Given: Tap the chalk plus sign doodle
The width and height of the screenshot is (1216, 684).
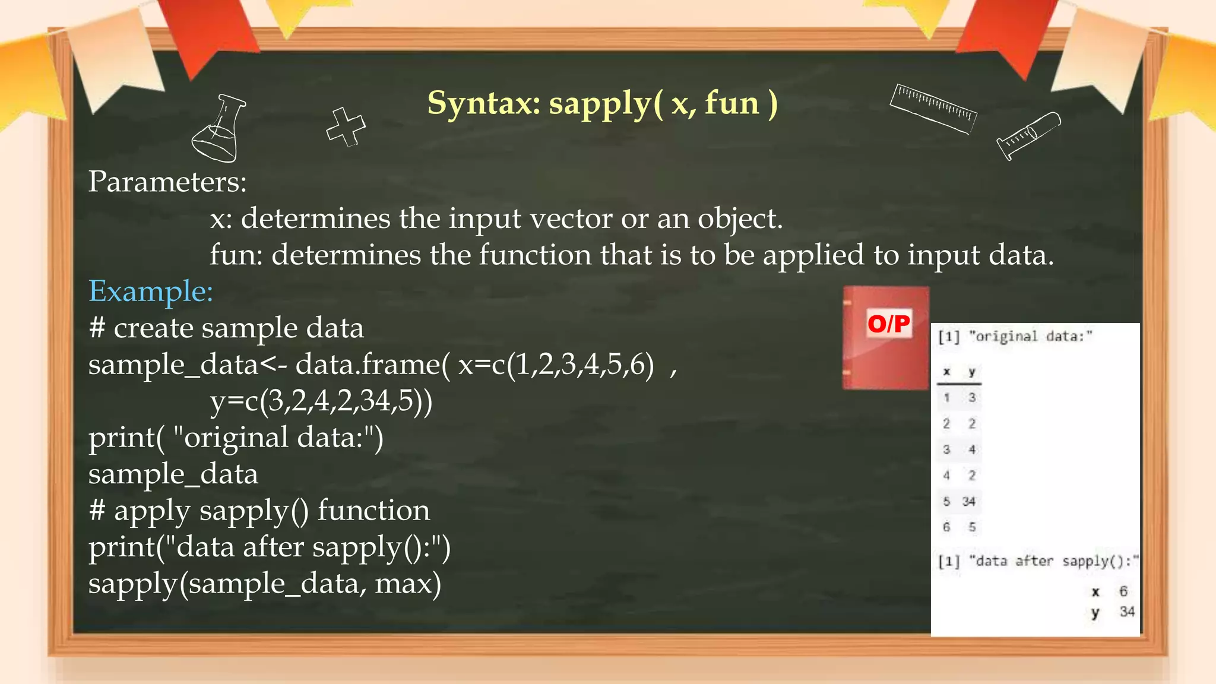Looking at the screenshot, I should pyautogui.click(x=346, y=126).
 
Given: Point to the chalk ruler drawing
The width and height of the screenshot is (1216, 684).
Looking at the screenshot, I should pyautogui.click(x=933, y=108).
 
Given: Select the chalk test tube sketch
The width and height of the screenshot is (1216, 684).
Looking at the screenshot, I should pyautogui.click(x=1028, y=135).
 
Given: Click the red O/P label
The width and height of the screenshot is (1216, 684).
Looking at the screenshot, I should pyautogui.click(x=888, y=324).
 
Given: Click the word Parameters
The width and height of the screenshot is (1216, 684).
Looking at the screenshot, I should pyautogui.click(x=167, y=182).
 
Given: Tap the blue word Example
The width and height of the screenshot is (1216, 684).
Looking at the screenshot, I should pyautogui.click(x=150, y=292).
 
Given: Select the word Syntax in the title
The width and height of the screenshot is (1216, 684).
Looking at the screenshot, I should pyautogui.click(x=483, y=103).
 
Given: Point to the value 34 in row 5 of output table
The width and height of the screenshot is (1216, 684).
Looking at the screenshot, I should pyautogui.click(x=969, y=502).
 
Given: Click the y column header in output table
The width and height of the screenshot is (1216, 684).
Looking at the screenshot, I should pyautogui.click(x=972, y=372).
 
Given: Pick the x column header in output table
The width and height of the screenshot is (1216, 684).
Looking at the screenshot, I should pyautogui.click(x=946, y=372).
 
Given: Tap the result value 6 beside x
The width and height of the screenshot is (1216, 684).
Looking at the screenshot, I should pyautogui.click(x=1123, y=591).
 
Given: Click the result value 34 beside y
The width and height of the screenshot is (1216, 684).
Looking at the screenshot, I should pyautogui.click(x=1127, y=612).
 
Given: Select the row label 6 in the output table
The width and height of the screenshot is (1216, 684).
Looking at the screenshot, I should pyautogui.click(x=946, y=527).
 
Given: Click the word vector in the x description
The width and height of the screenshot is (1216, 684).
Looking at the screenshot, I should pyautogui.click(x=571, y=219).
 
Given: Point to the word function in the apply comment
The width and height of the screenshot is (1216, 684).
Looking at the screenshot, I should pyautogui.click(x=373, y=511).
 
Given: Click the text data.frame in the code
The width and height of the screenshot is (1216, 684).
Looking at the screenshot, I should pyautogui.click(x=368, y=365).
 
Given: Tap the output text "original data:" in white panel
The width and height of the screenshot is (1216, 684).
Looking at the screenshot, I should pyautogui.click(x=1030, y=337).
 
